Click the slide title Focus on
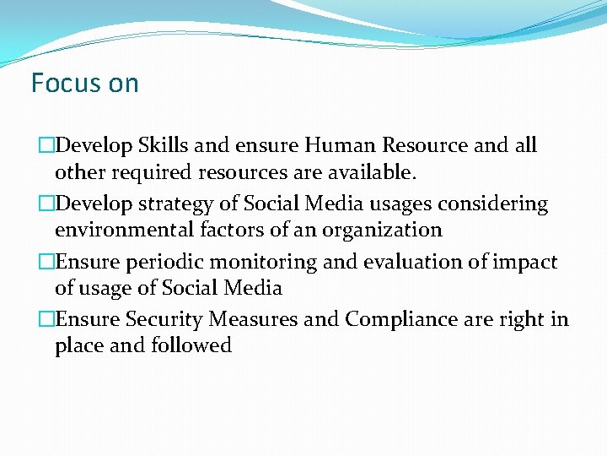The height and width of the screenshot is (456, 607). point(84,83)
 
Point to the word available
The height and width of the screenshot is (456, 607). point(371,173)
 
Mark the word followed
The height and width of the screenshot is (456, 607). point(191,345)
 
